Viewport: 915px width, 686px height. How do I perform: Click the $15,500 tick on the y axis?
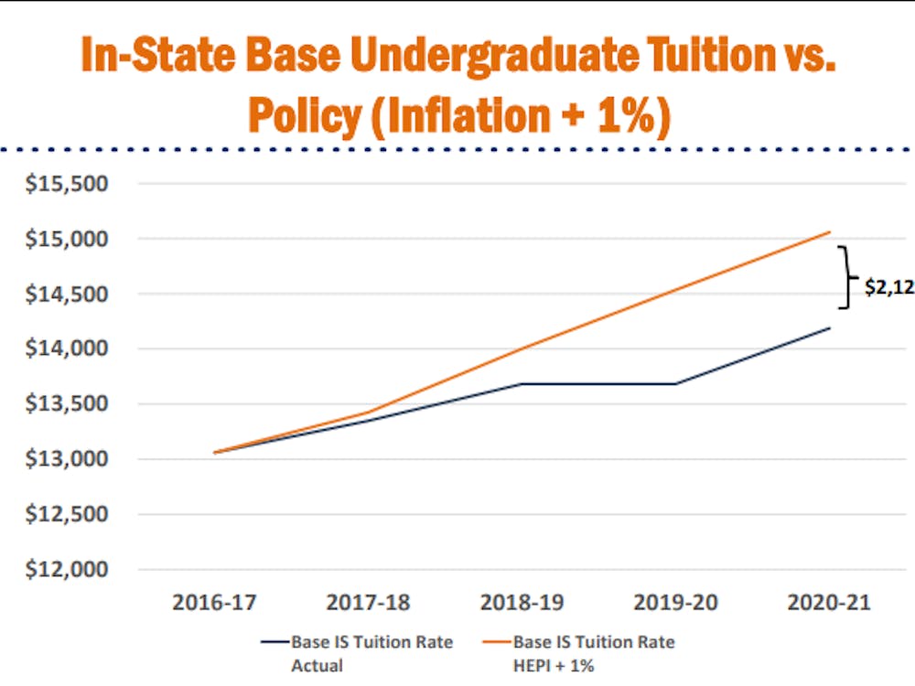click(65, 184)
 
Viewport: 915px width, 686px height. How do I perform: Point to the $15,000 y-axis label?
click(65, 239)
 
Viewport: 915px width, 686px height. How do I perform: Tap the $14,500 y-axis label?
click(65, 294)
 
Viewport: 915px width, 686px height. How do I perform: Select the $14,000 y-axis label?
click(65, 348)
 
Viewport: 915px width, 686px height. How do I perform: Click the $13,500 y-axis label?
click(65, 404)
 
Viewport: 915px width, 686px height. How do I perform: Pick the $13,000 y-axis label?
click(65, 459)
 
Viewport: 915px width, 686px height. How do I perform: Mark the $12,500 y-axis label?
click(65, 514)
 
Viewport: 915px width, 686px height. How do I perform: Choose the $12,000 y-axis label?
click(65, 569)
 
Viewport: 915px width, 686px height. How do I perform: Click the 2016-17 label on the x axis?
click(214, 604)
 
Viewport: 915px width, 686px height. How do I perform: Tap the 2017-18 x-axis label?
click(368, 604)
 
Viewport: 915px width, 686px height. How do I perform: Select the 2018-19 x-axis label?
click(522, 604)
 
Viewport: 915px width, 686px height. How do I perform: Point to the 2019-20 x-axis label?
click(676, 604)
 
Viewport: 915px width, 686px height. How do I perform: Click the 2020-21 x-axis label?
click(830, 604)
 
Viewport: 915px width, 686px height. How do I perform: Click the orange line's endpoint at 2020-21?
click(830, 232)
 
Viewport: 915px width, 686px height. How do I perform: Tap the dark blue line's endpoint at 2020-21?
click(830, 327)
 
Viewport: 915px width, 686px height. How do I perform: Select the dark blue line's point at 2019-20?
click(676, 383)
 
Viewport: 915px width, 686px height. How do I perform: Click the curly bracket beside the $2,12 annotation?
click(849, 277)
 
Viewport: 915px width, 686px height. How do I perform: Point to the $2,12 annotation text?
click(888, 286)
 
